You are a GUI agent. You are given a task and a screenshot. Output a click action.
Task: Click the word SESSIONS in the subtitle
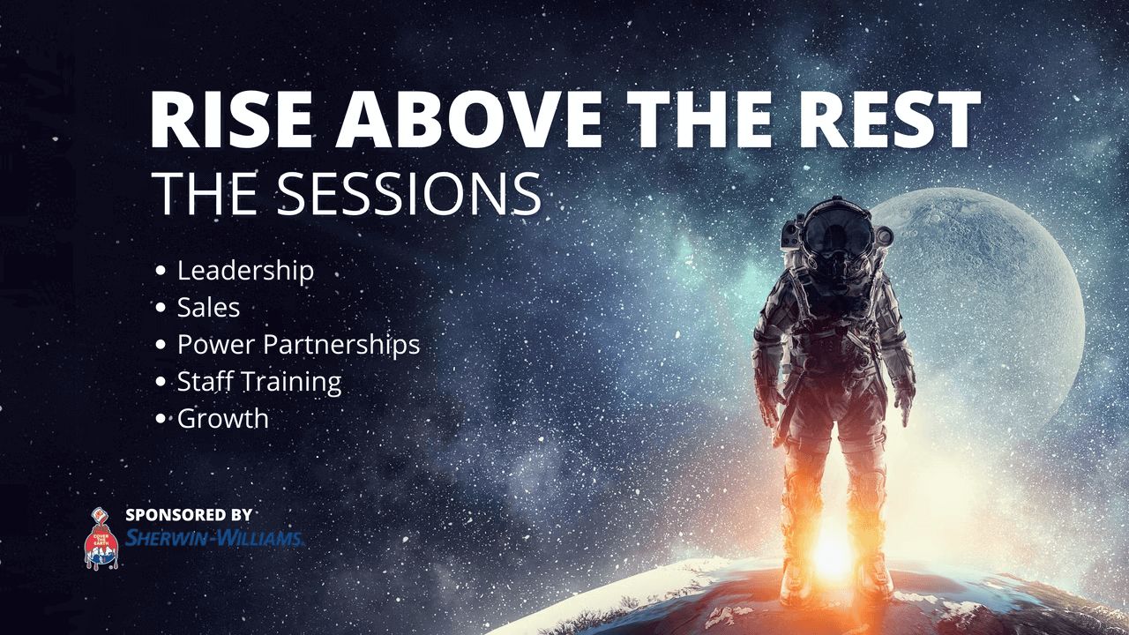(x=407, y=193)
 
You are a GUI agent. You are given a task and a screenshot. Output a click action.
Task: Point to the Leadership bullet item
(x=245, y=271)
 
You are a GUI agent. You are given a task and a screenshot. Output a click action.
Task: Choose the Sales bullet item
(x=208, y=308)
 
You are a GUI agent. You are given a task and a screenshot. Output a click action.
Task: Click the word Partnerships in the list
(x=341, y=345)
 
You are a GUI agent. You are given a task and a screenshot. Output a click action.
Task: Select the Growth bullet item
(x=223, y=419)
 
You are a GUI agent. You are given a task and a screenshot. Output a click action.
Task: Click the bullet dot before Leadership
(x=161, y=271)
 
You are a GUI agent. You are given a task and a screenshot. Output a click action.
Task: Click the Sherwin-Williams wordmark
(x=214, y=538)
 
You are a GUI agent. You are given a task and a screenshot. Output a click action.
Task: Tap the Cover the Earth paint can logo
(x=101, y=538)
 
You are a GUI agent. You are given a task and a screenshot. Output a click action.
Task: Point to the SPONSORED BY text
(x=189, y=515)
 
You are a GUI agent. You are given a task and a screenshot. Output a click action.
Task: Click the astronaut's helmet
(x=837, y=235)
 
